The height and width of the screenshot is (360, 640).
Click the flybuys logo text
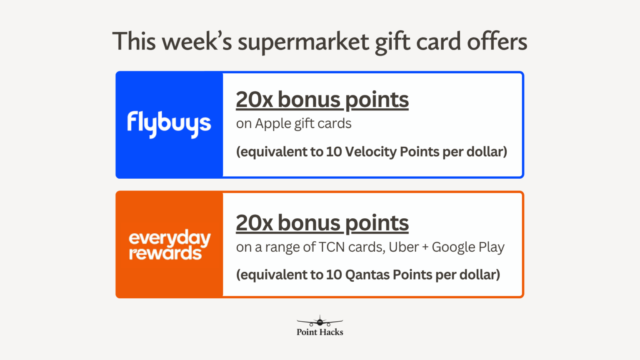169,124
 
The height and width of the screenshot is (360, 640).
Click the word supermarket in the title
303,42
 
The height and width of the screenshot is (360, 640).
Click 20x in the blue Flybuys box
254,100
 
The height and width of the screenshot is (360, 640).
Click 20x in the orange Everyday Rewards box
254,223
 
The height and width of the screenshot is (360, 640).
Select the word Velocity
371,152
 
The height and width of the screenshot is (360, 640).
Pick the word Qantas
367,275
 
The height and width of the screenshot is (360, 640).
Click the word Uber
404,247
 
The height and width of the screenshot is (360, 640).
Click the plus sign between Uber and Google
425,247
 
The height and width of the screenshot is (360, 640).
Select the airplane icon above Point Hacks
320,321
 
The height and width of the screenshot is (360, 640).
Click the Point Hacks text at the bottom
320,332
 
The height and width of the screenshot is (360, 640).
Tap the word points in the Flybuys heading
377,100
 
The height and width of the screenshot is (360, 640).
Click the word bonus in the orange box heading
309,223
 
